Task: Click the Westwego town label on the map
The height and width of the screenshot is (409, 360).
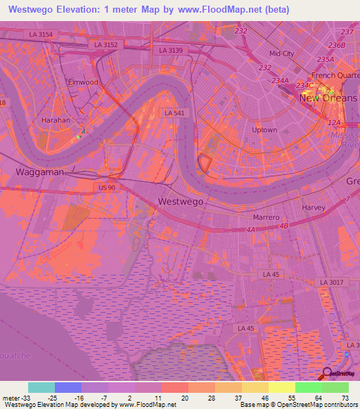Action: (181, 201)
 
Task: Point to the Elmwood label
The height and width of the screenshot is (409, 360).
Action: (83, 82)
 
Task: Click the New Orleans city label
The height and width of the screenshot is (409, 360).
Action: (328, 98)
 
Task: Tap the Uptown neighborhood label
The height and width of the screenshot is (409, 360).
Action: (264, 130)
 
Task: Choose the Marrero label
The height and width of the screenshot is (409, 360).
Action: (267, 218)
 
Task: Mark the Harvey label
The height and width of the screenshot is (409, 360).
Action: (313, 208)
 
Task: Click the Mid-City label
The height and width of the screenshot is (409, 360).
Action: (281, 53)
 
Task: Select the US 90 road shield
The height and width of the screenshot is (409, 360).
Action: (107, 188)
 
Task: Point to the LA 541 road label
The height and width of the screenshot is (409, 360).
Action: (173, 112)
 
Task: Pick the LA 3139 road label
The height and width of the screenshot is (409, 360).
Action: (171, 50)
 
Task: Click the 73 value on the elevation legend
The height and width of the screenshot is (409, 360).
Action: (345, 397)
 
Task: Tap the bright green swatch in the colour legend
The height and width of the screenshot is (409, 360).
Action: (307, 387)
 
